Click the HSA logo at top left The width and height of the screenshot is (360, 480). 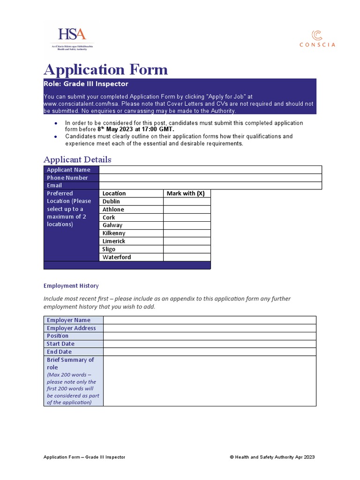click(72, 39)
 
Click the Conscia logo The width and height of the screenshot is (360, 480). click(317, 38)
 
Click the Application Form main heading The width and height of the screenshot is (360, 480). click(105, 69)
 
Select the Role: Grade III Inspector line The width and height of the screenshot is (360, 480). click(86, 84)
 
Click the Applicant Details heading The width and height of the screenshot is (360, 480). click(77, 159)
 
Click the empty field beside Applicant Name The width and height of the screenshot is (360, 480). click(210, 170)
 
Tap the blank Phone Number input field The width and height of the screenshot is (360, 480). click(210, 178)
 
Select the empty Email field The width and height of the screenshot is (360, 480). click(210, 186)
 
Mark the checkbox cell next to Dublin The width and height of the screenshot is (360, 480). click(187, 202)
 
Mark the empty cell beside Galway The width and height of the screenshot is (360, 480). click(187, 225)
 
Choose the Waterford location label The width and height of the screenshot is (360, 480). click(117, 257)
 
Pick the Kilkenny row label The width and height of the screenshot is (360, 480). click(114, 233)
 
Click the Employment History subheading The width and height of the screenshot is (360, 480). click(71, 285)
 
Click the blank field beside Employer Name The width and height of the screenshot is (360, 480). click(210, 320)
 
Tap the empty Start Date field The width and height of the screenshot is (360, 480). click(210, 344)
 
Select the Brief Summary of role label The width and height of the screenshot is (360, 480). click(70, 363)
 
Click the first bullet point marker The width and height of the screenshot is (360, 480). click(56, 123)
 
